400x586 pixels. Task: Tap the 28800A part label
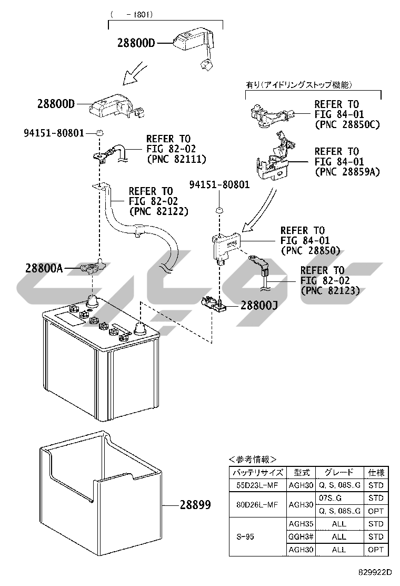pos(44,268)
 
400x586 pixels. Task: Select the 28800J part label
pos(259,305)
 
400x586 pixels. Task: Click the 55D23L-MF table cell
pos(257,485)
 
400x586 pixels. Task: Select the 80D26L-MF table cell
pos(257,504)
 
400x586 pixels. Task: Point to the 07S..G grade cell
pos(331,498)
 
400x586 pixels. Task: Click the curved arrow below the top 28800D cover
pos(135,73)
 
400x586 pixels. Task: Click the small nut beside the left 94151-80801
pos(99,132)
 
